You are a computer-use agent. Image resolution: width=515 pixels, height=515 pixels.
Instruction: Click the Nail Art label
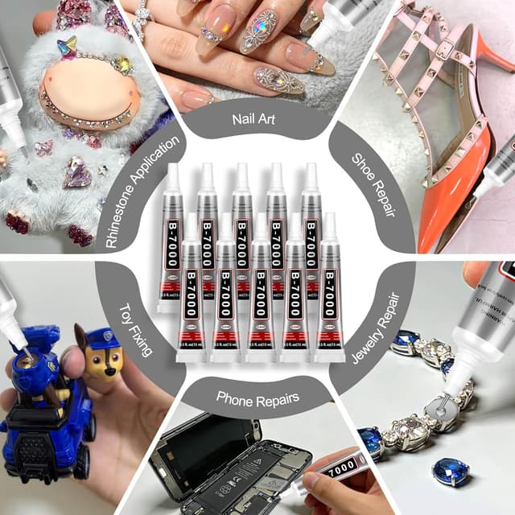pos(255,122)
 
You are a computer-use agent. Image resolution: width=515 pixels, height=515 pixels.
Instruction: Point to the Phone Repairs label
pos(257,396)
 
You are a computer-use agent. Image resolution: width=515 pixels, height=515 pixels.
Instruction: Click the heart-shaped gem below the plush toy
pos(77,172)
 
